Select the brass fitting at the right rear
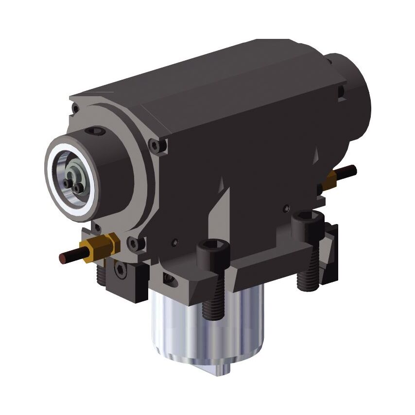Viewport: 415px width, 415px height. [x=331, y=179]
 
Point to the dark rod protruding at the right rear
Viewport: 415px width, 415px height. [x=347, y=172]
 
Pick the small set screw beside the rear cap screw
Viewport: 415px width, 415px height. [x=287, y=209]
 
